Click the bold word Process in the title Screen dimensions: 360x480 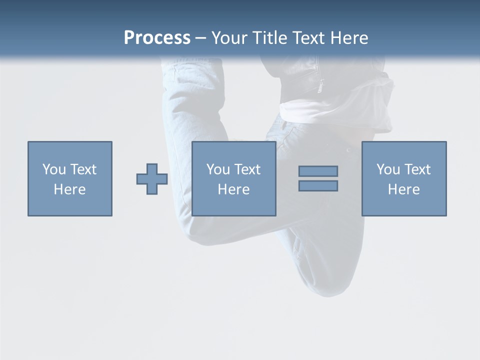click(x=157, y=38)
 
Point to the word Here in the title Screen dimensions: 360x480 click(x=351, y=38)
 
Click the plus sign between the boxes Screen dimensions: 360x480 click(x=152, y=178)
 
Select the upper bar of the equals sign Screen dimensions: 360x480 click(x=318, y=171)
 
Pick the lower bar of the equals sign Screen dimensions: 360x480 click(x=318, y=185)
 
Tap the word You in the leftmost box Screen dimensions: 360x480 click(x=54, y=169)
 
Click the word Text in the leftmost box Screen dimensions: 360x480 click(x=83, y=169)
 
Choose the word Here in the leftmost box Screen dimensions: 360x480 click(x=69, y=189)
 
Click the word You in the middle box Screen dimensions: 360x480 click(x=218, y=169)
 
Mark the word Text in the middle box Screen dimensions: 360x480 click(x=247, y=169)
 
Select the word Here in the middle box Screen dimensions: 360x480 click(x=233, y=189)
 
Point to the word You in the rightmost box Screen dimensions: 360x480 click(x=388, y=169)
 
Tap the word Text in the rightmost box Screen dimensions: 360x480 click(x=417, y=169)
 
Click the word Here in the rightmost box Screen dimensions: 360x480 click(x=403, y=189)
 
